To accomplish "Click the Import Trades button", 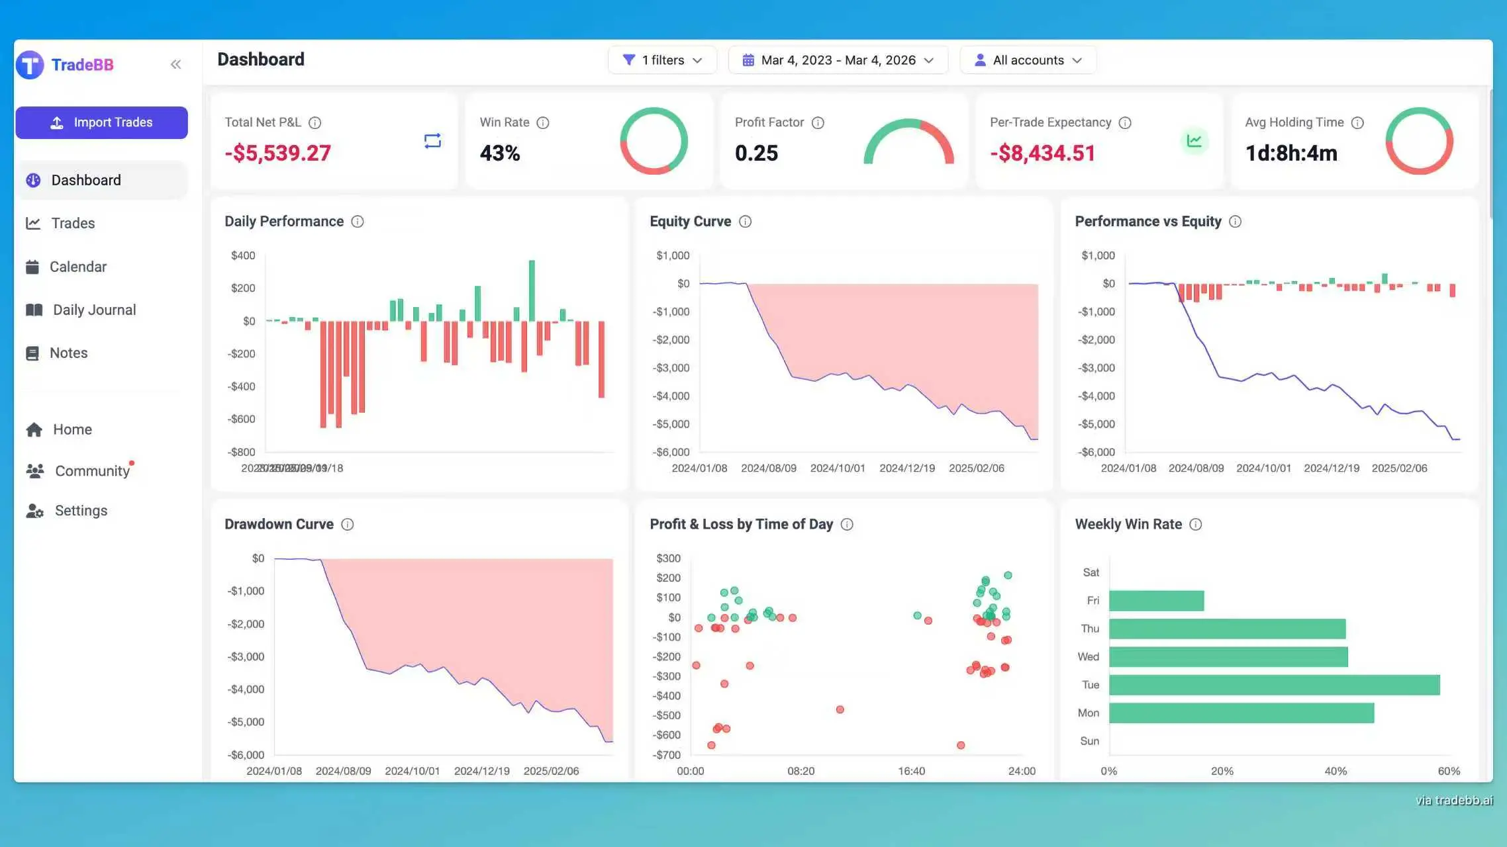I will point(101,122).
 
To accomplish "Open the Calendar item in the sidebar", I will point(77,267).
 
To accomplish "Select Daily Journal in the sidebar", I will point(93,310).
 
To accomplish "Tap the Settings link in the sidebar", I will point(80,510).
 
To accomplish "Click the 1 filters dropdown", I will point(662,60).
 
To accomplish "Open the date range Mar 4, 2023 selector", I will point(838,60).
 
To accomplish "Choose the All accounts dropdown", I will point(1028,60).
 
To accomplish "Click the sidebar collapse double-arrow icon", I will point(175,64).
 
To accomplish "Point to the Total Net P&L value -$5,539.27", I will point(277,153).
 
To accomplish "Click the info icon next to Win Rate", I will point(543,122).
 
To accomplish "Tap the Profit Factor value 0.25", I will point(756,153).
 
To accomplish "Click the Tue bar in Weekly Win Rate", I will point(1274,685).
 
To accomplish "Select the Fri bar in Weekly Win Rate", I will point(1156,601).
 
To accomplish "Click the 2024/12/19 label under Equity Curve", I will point(907,468).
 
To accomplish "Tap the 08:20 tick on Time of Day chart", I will point(801,771).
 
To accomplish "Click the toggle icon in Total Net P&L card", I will point(432,141).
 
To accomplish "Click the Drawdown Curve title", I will point(279,524).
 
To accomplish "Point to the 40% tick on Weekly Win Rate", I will point(1336,771).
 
